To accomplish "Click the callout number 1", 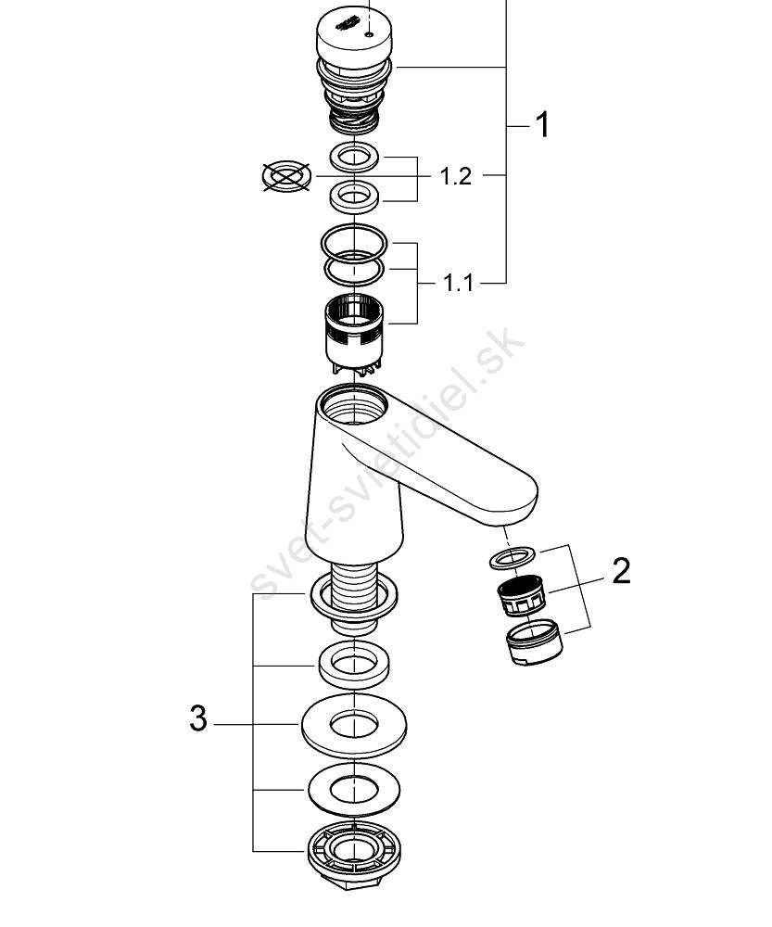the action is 542,125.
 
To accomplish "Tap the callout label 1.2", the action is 456,176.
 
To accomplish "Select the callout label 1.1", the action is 458,284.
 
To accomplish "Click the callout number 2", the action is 621,570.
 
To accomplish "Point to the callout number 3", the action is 198,718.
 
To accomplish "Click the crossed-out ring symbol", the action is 286,175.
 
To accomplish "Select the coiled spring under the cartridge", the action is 353,122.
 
